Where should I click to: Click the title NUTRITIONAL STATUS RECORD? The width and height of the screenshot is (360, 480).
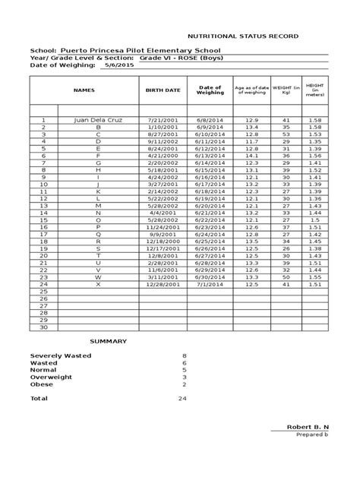pyautogui.click(x=243, y=36)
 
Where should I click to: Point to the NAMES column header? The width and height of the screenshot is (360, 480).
pyautogui.click(x=84, y=90)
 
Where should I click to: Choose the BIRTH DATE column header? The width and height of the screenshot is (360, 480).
pyautogui.click(x=163, y=90)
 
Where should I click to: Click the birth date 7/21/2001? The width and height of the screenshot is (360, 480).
pyautogui.click(x=163, y=120)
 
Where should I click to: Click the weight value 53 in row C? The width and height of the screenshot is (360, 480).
pyautogui.click(x=286, y=134)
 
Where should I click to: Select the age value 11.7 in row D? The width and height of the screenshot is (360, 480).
pyautogui.click(x=251, y=141)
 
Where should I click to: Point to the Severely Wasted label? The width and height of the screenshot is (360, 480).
pyautogui.click(x=60, y=355)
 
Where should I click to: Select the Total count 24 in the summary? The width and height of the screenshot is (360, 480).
pyautogui.click(x=182, y=398)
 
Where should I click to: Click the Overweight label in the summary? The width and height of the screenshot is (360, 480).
pyautogui.click(x=51, y=377)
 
